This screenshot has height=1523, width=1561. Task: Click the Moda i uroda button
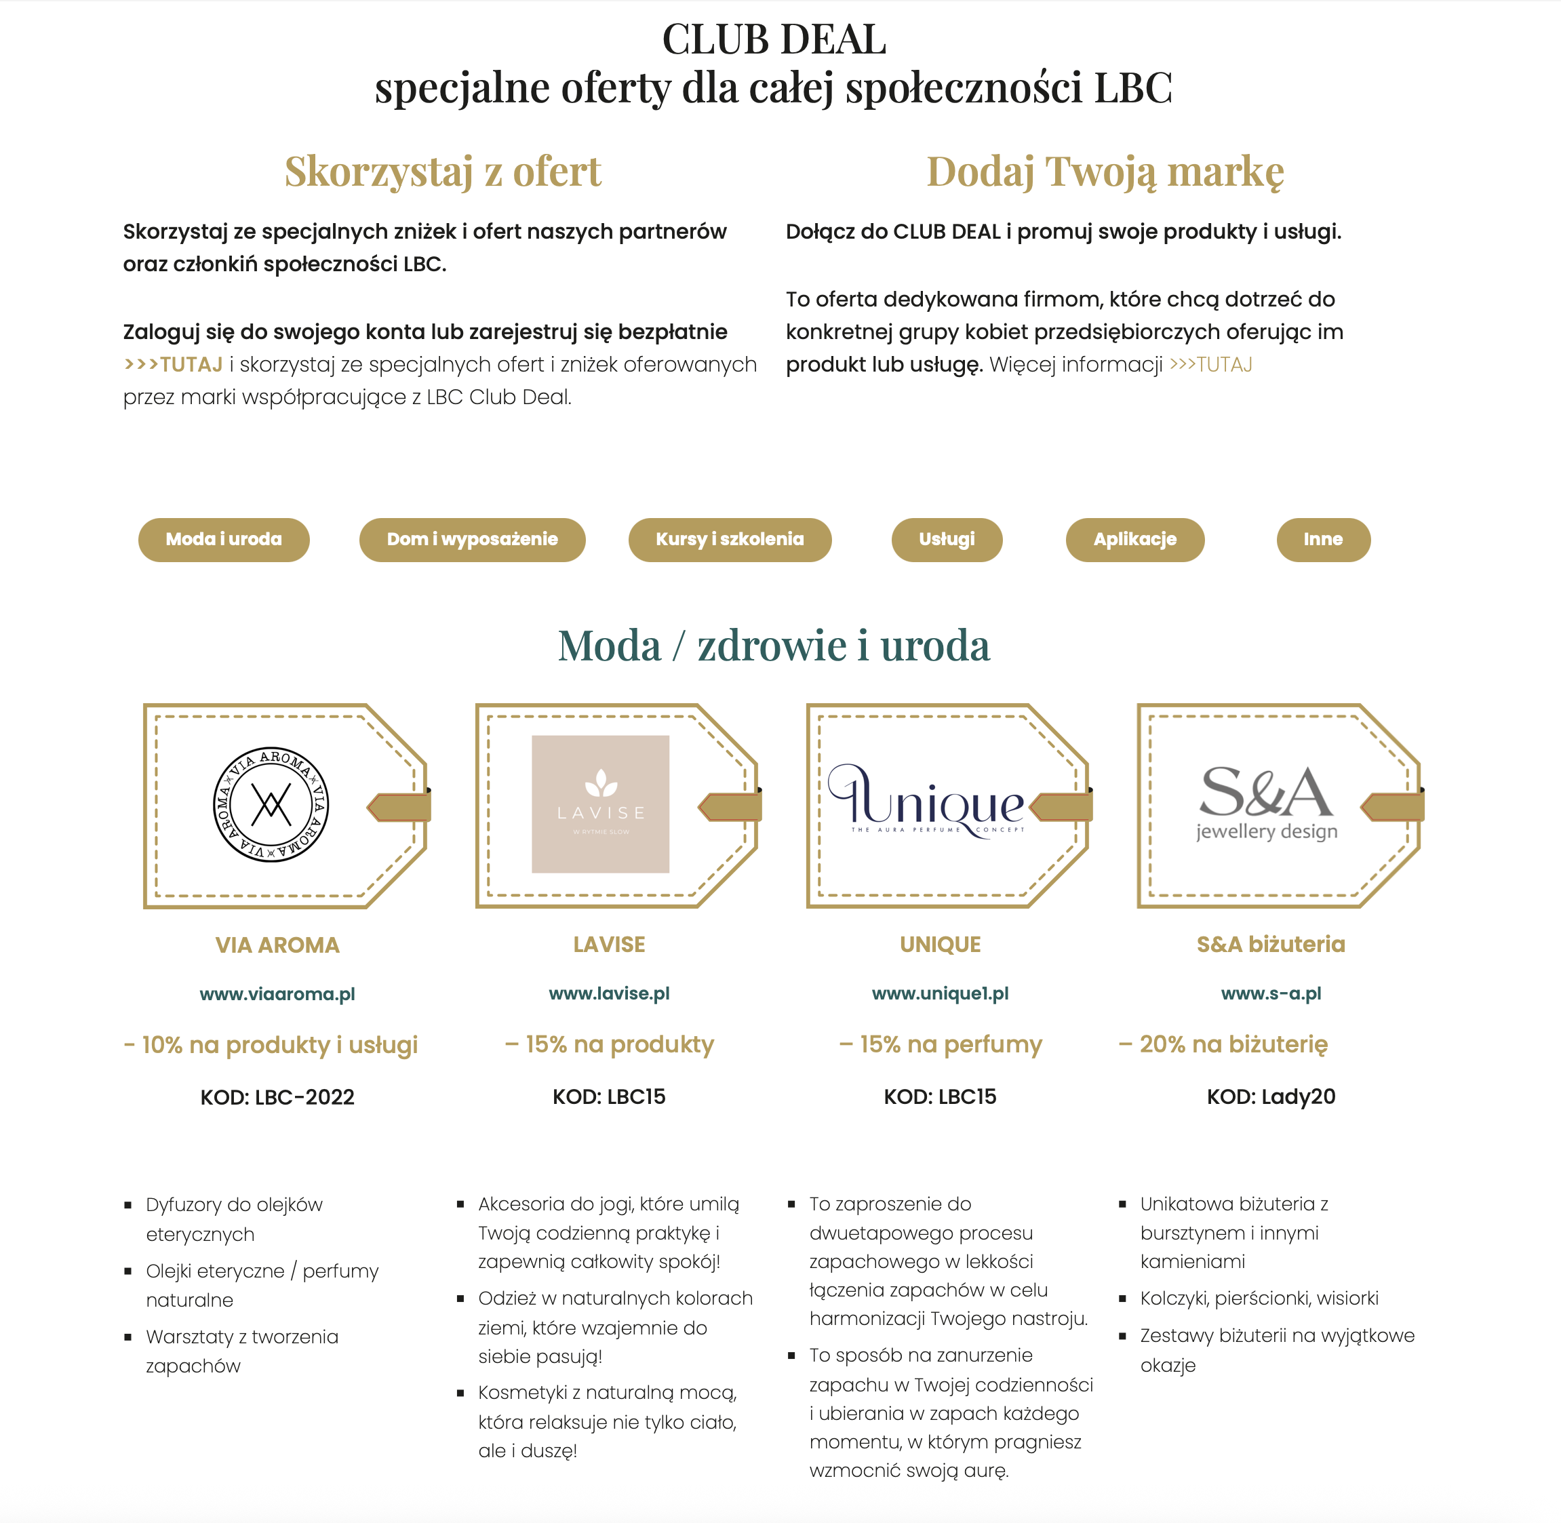(x=223, y=540)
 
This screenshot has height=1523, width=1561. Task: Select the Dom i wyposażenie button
(x=472, y=540)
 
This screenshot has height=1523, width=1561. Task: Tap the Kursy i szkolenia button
(x=730, y=540)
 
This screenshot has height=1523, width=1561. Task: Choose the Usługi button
(x=947, y=540)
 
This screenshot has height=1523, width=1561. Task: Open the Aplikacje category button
(x=1134, y=540)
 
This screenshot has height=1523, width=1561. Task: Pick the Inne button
(x=1322, y=540)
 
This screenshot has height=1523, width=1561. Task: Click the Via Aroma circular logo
(x=271, y=805)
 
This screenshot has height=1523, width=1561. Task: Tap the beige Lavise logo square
(x=600, y=804)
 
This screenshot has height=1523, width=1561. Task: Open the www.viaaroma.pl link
(x=277, y=993)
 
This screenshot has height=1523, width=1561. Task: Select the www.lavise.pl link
(x=609, y=993)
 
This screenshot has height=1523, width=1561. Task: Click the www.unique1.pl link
(x=940, y=993)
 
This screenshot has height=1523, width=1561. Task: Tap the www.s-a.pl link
(x=1271, y=993)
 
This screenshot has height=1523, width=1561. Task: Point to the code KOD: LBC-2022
(x=277, y=1096)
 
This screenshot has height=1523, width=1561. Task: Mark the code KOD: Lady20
(x=1271, y=1096)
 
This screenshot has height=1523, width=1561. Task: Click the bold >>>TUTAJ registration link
(x=174, y=365)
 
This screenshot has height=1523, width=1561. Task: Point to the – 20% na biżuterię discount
(x=1223, y=1044)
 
